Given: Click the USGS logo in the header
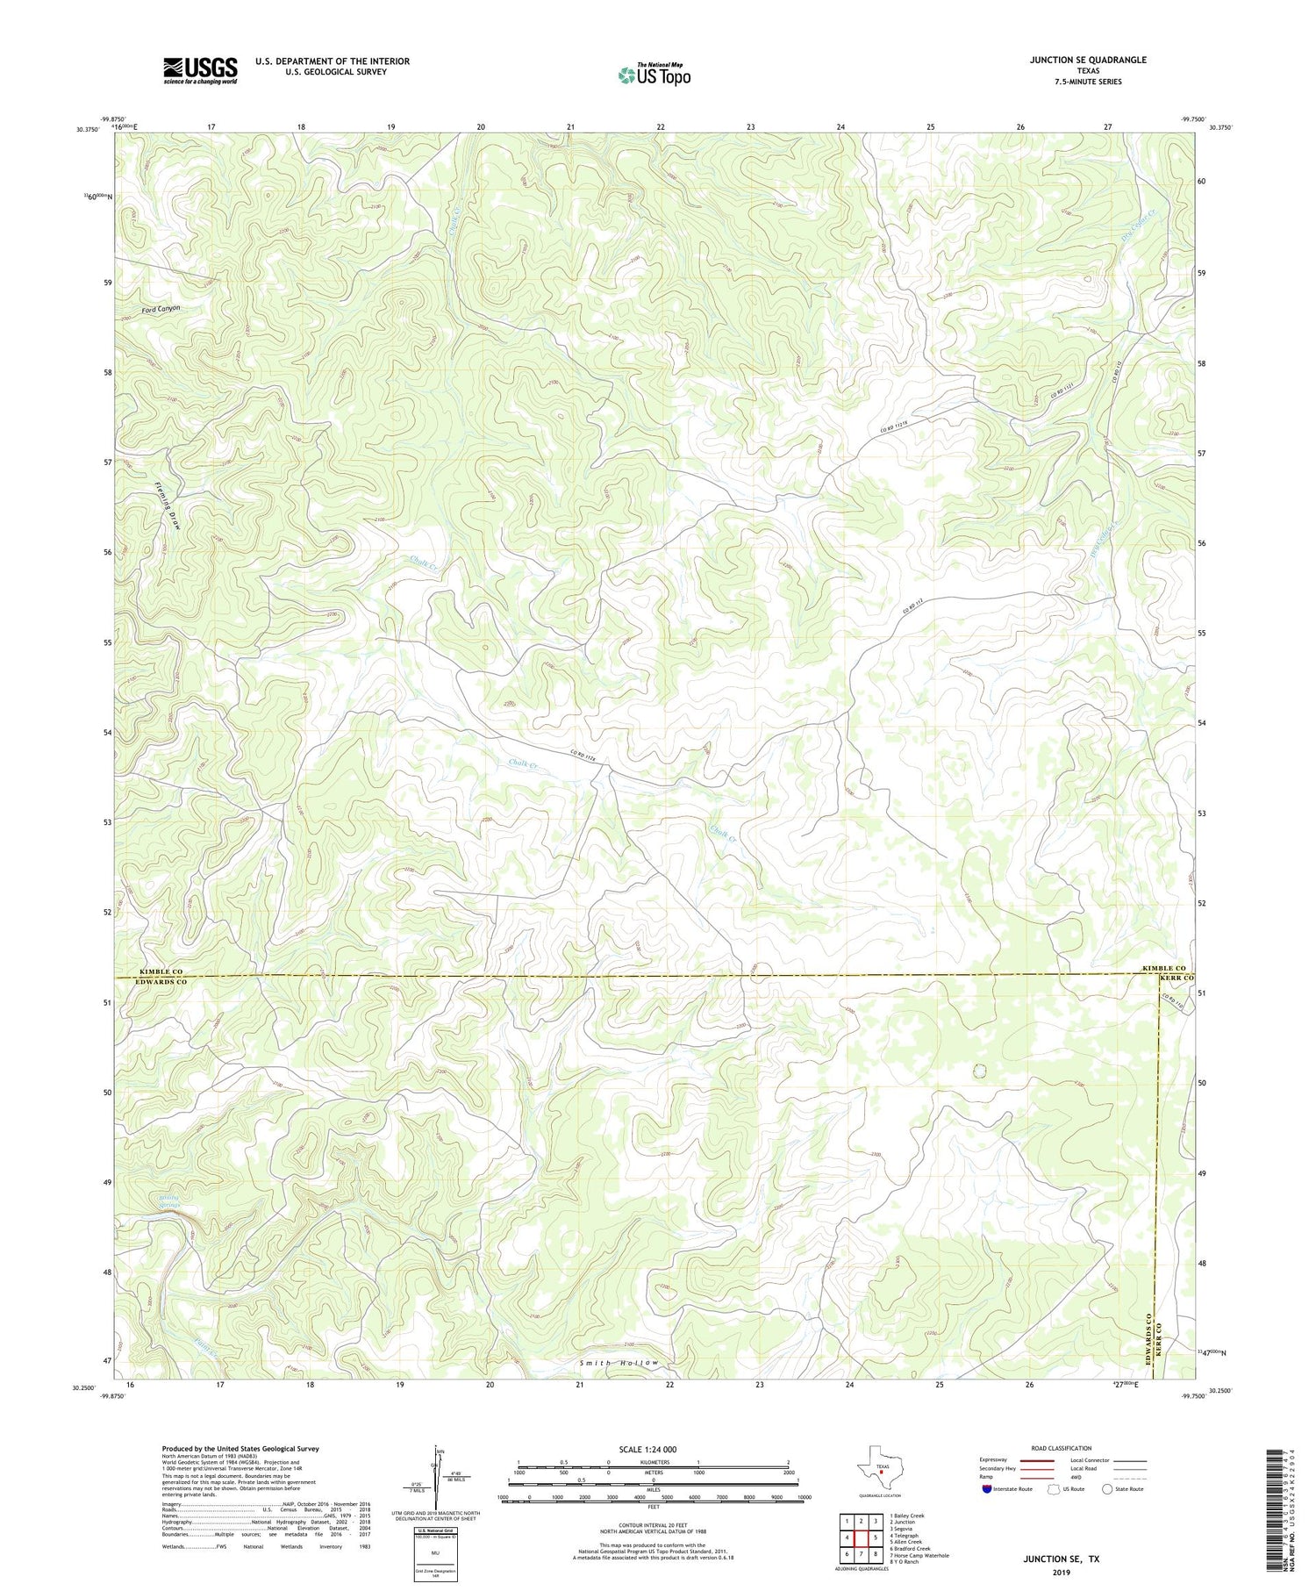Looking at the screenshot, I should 200,70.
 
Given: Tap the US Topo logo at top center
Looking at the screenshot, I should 654,75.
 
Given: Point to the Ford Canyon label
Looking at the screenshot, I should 161,309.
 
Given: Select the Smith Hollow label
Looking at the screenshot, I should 618,1363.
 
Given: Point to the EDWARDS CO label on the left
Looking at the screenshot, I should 161,982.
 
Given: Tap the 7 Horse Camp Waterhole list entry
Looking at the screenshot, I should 919,1556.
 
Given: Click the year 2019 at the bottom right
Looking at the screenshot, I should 1062,1579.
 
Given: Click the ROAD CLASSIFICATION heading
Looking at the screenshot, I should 1062,1448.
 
